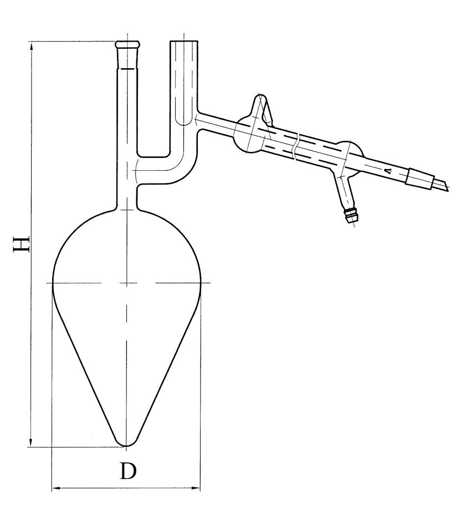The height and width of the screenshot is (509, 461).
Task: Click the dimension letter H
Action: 22,245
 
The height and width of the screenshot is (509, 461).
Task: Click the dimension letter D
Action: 128,471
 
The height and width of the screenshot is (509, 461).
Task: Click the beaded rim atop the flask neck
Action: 127,44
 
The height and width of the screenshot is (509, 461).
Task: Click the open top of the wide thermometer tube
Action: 184,41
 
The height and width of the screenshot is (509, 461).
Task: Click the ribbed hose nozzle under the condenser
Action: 351,216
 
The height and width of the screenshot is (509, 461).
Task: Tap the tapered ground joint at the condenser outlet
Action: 420,178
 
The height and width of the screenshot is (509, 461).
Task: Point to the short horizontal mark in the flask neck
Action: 128,69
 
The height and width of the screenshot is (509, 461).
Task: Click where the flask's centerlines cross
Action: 126,283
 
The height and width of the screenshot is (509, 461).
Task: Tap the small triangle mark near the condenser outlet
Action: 389,170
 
